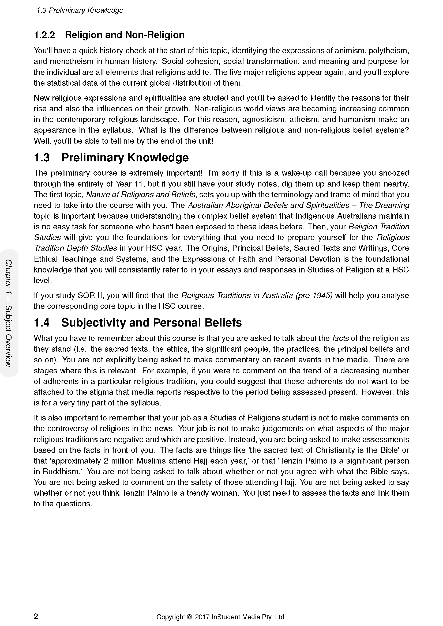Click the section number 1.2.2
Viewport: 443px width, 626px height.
tap(44, 35)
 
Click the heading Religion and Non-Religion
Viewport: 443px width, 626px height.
tap(125, 35)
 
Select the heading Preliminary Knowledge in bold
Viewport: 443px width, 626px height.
tap(125, 158)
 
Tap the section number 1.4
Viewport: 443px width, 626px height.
tap(42, 323)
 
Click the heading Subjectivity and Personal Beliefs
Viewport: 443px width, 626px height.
tap(151, 323)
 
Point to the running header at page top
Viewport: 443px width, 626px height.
tap(80, 10)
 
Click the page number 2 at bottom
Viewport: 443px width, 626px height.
tap(36, 616)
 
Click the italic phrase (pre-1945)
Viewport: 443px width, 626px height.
tap(314, 295)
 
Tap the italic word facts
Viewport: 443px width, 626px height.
tap(340, 338)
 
